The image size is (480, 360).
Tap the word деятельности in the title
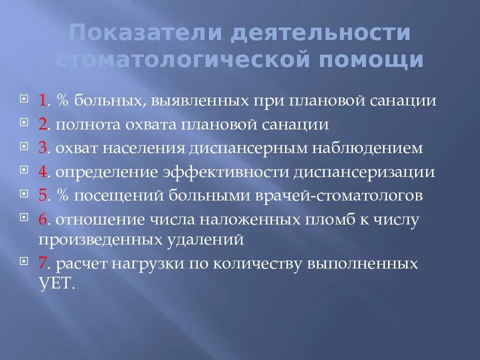tap(320, 33)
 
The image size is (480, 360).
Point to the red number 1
tap(42, 100)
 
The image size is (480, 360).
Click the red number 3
tap(42, 148)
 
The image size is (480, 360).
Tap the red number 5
tap(42, 195)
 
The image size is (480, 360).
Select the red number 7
tap(42, 263)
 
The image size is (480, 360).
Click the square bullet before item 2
tap(24, 122)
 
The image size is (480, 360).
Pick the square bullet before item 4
tap(24, 170)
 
